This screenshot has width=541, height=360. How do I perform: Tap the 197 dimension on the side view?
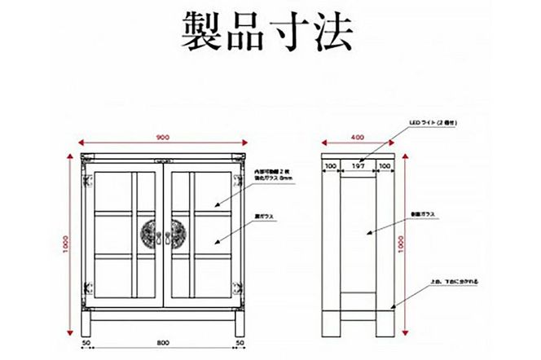tap(358, 166)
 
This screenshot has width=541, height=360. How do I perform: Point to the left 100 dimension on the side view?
tap(330, 166)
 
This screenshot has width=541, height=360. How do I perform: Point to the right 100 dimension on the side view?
tap(385, 166)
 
